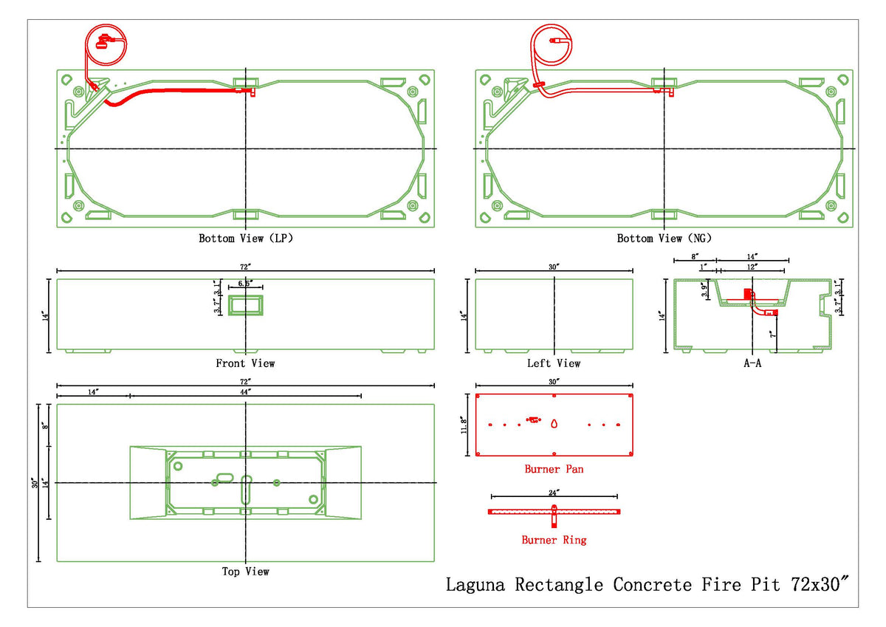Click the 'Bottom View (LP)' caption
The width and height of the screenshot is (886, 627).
coord(246,239)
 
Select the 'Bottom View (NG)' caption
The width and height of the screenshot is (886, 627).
coord(664,239)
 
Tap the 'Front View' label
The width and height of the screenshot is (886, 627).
coord(245,363)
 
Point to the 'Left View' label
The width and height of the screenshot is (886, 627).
coord(554,363)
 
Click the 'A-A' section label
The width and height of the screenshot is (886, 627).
coord(752,363)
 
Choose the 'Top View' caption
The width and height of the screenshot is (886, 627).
coord(246,572)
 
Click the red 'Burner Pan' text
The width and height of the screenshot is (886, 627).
coord(554,469)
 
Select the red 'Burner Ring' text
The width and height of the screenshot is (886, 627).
coord(554,540)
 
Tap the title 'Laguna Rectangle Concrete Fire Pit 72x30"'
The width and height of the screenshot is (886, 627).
coord(648,584)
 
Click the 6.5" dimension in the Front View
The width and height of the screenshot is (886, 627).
coord(245,284)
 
